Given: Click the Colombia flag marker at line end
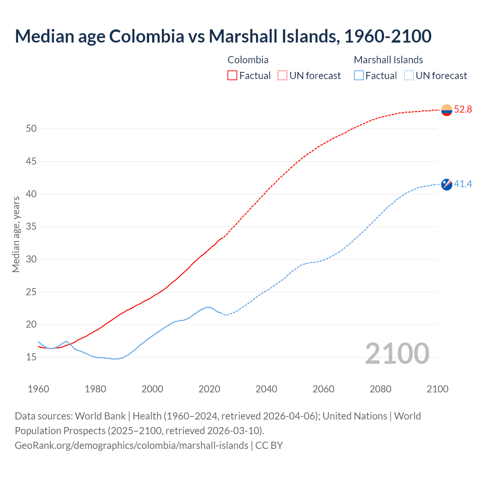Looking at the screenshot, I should click(447, 110).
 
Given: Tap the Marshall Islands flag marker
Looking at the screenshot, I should click(447, 185).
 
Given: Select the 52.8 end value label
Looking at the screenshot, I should click(463, 110).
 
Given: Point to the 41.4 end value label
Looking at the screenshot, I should click(463, 184).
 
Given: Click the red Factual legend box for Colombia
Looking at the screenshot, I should click(232, 76).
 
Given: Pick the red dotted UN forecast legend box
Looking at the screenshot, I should click(282, 76).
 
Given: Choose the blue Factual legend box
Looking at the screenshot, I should click(359, 76).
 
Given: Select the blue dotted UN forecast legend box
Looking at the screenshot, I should click(409, 76).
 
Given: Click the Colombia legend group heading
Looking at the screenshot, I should click(248, 60).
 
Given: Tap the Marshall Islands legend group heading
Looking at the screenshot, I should click(388, 60).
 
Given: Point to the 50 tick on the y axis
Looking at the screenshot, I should click(31, 129).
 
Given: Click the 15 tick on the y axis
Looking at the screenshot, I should click(31, 357).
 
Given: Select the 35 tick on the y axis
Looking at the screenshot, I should click(31, 227).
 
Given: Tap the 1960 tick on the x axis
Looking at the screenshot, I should click(38, 389).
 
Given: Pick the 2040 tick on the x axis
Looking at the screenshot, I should click(266, 389).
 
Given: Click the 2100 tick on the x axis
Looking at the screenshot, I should click(437, 389).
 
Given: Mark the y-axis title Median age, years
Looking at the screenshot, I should click(16, 234).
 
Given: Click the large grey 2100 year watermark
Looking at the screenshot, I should click(397, 353).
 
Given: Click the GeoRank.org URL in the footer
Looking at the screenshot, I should click(131, 445).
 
